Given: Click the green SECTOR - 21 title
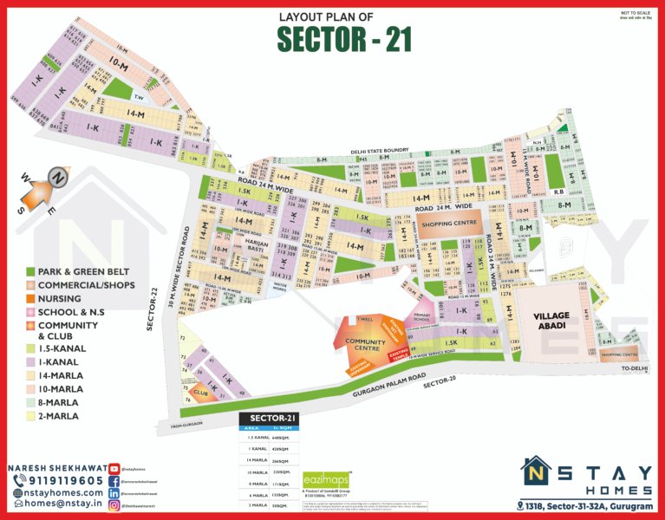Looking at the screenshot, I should point(344,39).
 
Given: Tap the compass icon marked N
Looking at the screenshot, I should point(58,177).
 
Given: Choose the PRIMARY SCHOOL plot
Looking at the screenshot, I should point(422,318).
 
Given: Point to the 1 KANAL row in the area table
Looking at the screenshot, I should point(268,449).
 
